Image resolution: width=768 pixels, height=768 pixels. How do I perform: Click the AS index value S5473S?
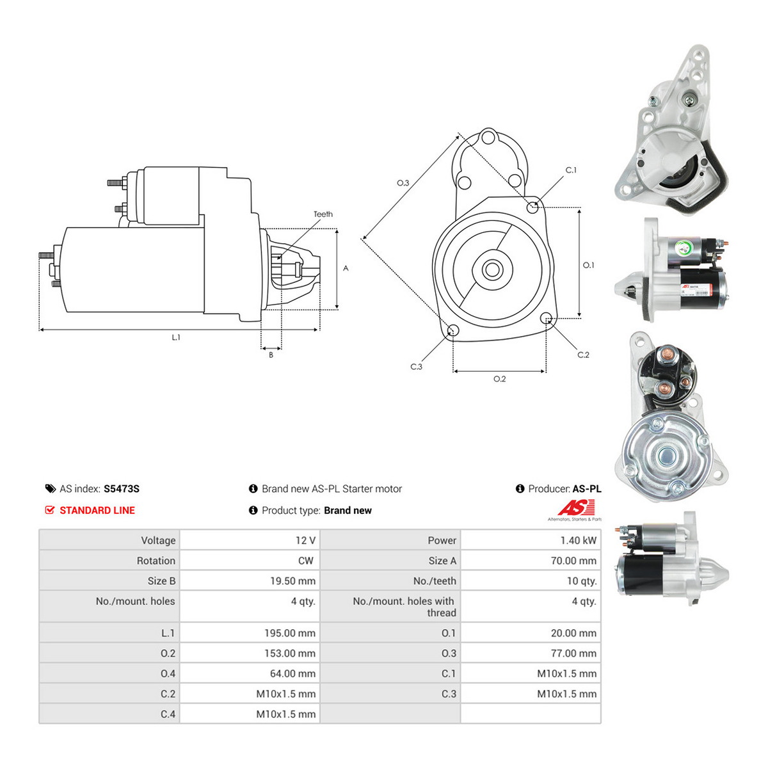[x=122, y=488]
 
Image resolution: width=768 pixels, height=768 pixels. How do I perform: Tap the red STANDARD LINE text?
[x=97, y=510]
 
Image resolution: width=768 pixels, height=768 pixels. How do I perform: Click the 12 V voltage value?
[x=305, y=540]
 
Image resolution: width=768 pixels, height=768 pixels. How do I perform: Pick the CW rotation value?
[x=306, y=561]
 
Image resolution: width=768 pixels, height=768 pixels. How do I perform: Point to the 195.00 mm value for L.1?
[x=290, y=634]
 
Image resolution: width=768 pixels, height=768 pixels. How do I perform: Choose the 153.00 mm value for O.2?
[x=290, y=653]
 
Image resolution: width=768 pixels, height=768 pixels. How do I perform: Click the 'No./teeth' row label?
[x=435, y=581]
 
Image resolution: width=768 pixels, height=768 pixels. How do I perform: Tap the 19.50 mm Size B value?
[x=292, y=581]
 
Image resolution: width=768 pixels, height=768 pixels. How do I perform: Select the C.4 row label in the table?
[x=168, y=714]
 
